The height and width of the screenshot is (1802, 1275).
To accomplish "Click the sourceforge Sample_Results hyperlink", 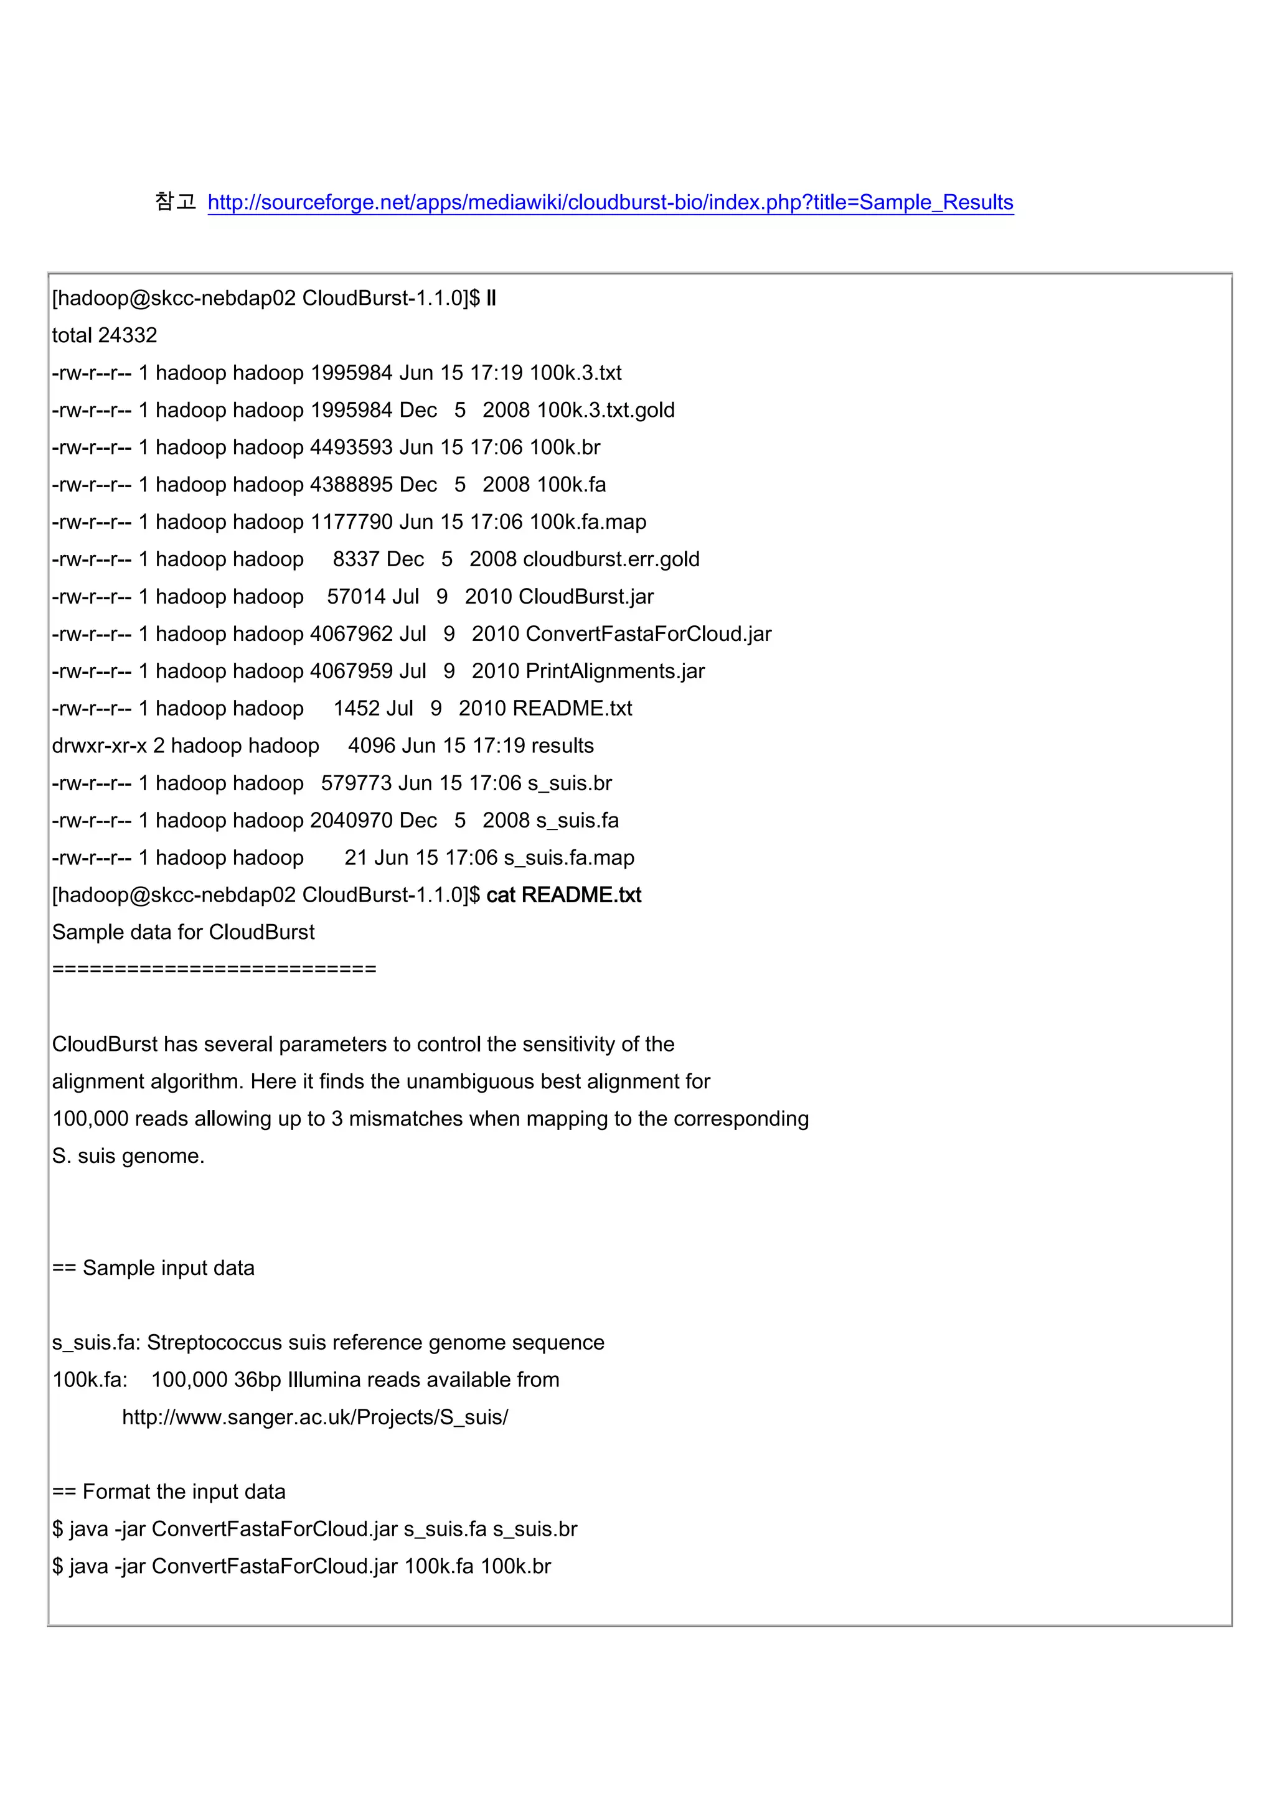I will point(610,202).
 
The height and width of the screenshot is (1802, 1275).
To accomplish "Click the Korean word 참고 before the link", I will point(175,202).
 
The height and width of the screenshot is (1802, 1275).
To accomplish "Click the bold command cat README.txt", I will point(563,895).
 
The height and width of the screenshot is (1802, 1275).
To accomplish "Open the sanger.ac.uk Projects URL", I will point(315,1417).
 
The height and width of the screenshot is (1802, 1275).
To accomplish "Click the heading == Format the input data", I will point(169,1492).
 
